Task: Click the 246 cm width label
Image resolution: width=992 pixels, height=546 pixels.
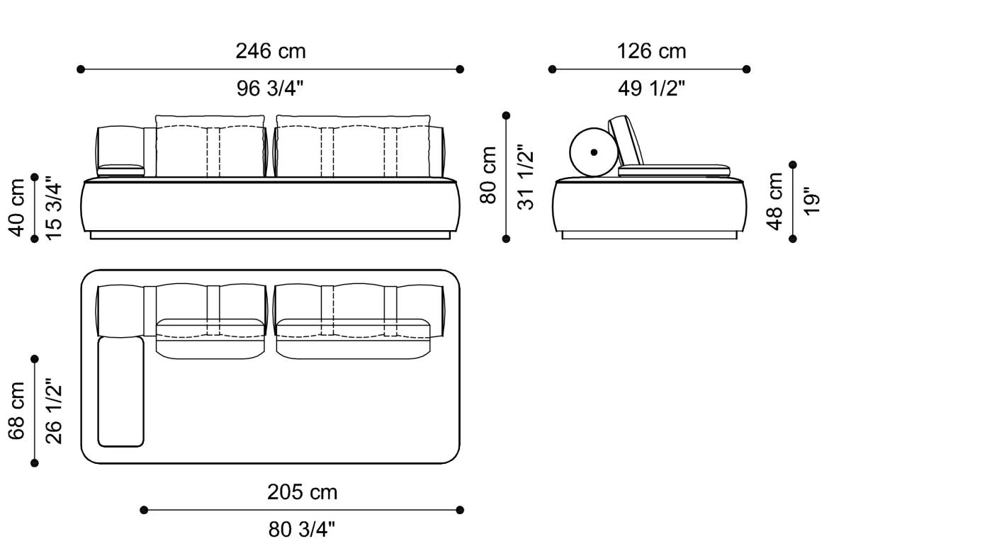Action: pyautogui.click(x=271, y=52)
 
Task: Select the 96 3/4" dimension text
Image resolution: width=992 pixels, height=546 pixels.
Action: pyautogui.click(x=271, y=89)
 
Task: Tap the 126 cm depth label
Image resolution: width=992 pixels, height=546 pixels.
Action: pyautogui.click(x=651, y=52)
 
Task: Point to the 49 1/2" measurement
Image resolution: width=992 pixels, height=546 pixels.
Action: pyautogui.click(x=651, y=89)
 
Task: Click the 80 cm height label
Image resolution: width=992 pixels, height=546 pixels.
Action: pyautogui.click(x=489, y=176)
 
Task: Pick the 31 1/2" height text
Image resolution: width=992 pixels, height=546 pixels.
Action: pyautogui.click(x=526, y=176)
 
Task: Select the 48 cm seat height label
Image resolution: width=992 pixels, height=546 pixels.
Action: pyautogui.click(x=775, y=201)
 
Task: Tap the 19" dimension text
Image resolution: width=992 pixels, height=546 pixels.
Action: pyautogui.click(x=812, y=201)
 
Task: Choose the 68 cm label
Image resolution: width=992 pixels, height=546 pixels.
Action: pyautogui.click(x=17, y=411)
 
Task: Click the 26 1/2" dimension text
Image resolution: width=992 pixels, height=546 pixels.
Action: pyautogui.click(x=54, y=411)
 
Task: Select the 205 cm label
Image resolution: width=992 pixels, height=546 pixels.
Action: pyautogui.click(x=302, y=492)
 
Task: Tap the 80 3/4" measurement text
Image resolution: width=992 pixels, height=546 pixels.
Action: pyautogui.click(x=302, y=529)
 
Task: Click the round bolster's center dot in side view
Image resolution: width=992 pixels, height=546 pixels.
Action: pyautogui.click(x=594, y=152)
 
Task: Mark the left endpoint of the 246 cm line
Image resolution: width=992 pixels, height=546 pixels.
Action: pyautogui.click(x=81, y=69)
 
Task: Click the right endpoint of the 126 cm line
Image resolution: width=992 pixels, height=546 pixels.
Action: pyautogui.click(x=747, y=69)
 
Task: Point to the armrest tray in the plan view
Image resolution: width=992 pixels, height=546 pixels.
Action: pyautogui.click(x=120, y=392)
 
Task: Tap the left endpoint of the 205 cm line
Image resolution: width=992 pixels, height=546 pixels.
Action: pyautogui.click(x=144, y=510)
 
